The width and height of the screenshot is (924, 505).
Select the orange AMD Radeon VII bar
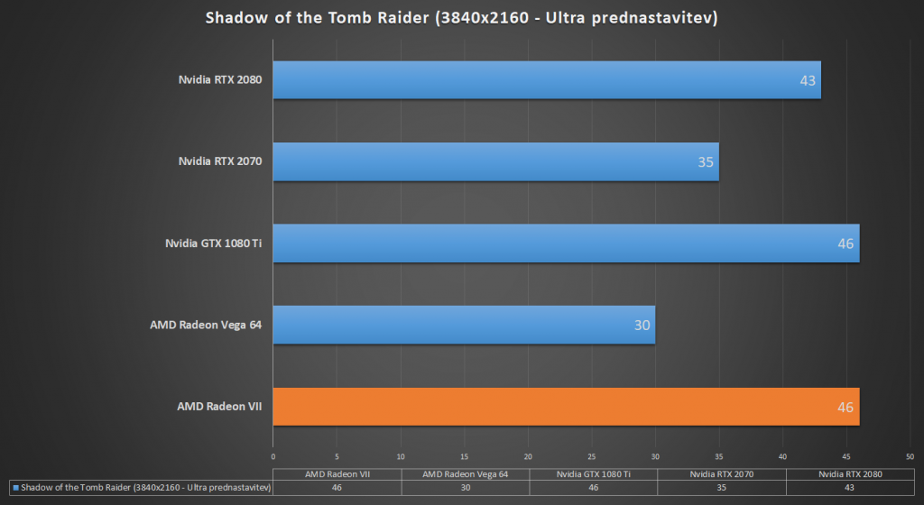click(566, 407)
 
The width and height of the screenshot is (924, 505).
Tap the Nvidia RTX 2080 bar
click(547, 80)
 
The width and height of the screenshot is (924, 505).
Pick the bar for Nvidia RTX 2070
click(495, 161)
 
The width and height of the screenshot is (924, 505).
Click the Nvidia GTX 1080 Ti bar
click(566, 243)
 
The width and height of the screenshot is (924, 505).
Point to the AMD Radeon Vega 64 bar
click(464, 325)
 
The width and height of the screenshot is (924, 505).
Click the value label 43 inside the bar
click(808, 80)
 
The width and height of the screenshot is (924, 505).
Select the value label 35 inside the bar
click(706, 161)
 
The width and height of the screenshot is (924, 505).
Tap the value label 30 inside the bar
click(642, 325)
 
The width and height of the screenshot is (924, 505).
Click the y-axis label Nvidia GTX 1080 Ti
click(213, 243)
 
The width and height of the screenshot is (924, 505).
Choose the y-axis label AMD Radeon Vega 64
click(206, 325)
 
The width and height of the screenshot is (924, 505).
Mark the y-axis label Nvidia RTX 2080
click(220, 79)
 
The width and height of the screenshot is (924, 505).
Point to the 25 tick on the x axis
click(592, 456)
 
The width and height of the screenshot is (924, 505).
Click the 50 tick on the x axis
click(910, 456)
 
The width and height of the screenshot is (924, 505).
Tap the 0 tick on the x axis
click(273, 456)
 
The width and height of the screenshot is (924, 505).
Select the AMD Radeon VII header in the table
click(337, 474)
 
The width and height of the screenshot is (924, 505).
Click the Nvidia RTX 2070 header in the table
click(721, 474)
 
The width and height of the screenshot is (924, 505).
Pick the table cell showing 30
click(466, 487)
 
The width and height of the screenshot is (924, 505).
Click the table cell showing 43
click(849, 487)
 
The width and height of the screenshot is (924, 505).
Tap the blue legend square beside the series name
click(16, 487)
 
